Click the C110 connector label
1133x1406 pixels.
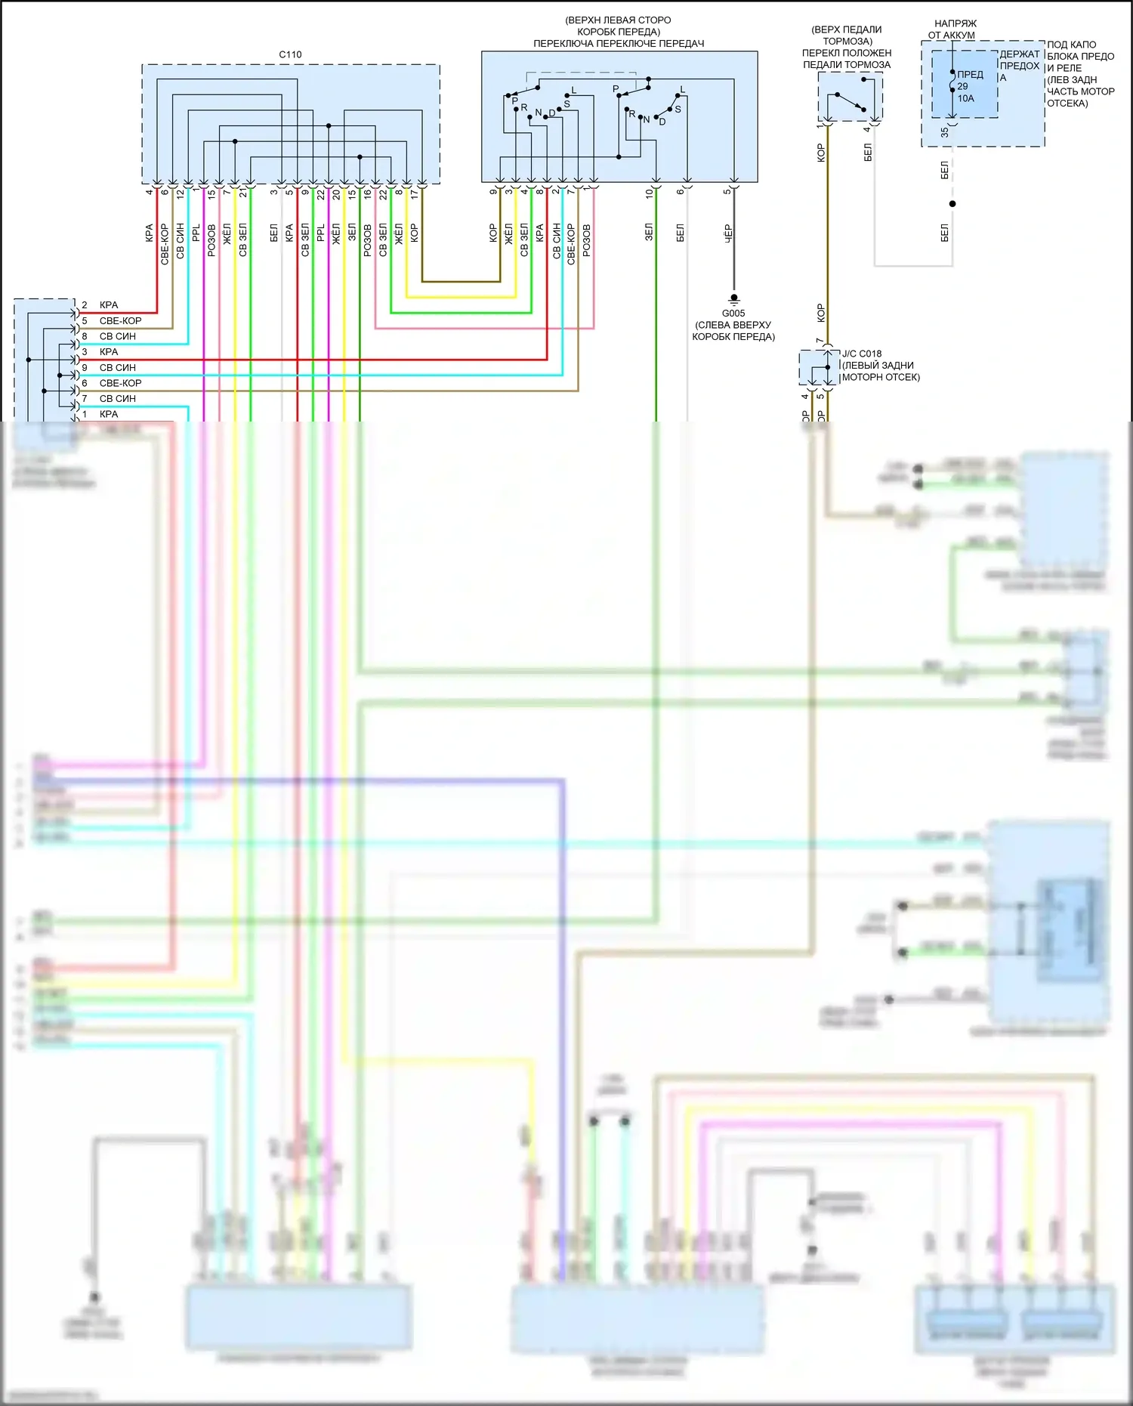pos(290,54)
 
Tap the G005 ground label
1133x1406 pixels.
pos(733,313)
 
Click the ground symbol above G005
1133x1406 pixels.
pos(733,298)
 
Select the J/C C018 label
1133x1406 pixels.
pos(862,354)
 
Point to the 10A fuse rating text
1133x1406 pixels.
pos(966,98)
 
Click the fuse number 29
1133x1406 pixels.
pos(962,86)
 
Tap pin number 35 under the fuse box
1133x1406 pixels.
pos(945,132)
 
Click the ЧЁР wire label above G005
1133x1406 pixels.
pos(728,233)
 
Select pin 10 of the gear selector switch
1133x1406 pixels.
pos(649,193)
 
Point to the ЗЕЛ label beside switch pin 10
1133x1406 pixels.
pos(649,232)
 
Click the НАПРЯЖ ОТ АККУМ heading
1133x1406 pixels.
pos(954,29)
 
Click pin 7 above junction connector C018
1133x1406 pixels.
pos(820,341)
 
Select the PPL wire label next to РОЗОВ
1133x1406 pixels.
pos(196,232)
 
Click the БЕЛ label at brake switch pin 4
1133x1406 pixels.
pos(868,153)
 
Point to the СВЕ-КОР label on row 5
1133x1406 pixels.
pos(120,320)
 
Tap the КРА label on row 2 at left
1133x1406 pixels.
pos(109,304)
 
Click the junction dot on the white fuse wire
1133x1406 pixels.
pos(952,204)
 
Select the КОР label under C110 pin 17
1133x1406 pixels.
pos(414,232)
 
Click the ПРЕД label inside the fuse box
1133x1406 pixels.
pos(970,74)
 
